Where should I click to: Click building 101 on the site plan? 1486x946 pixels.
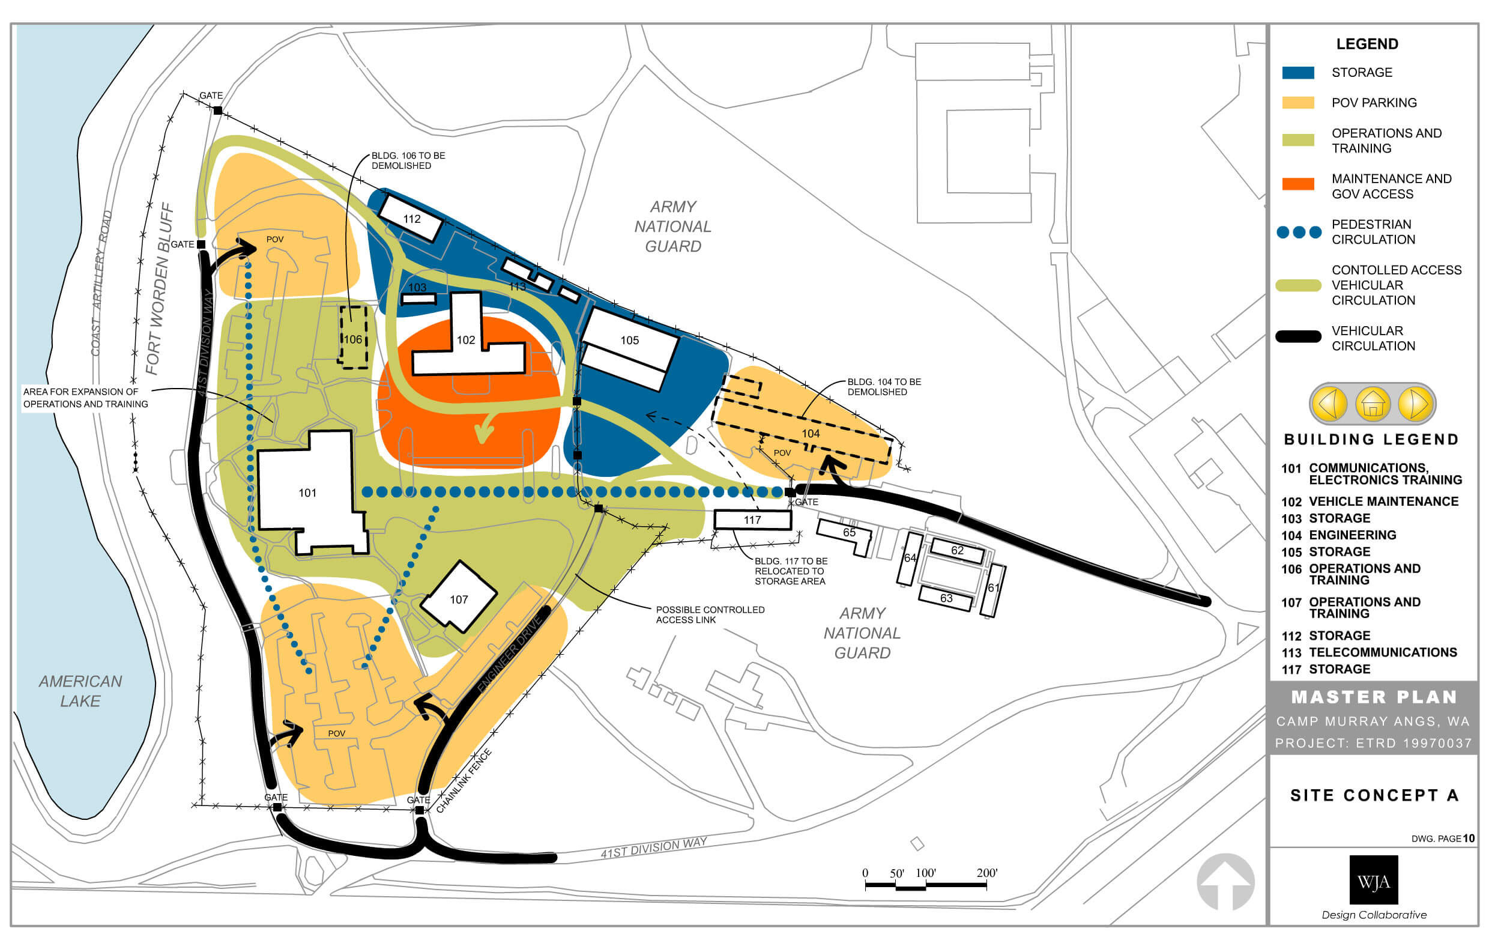tap(307, 492)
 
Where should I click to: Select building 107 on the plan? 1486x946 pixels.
tap(459, 598)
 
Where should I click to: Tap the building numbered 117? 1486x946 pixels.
tap(752, 520)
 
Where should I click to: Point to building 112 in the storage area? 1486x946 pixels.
tap(412, 219)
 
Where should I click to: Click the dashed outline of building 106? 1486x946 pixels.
tap(353, 338)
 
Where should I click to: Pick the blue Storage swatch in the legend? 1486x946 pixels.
tap(1298, 72)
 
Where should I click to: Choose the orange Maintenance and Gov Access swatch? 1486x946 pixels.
tap(1298, 184)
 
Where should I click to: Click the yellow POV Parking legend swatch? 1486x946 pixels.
tap(1298, 103)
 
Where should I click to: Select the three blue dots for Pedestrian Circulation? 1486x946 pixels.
tap(1299, 232)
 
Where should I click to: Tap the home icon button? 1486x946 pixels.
tap(1373, 404)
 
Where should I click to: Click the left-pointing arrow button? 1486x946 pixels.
tap(1329, 404)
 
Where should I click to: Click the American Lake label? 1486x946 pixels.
tap(80, 691)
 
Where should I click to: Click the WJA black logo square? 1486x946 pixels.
tap(1374, 880)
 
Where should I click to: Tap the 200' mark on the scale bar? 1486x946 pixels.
tap(986, 873)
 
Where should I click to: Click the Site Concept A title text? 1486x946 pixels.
tap(1374, 795)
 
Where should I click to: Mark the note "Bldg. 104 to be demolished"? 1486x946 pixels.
tap(884, 387)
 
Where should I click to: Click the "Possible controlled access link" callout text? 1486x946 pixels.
tap(710, 614)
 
